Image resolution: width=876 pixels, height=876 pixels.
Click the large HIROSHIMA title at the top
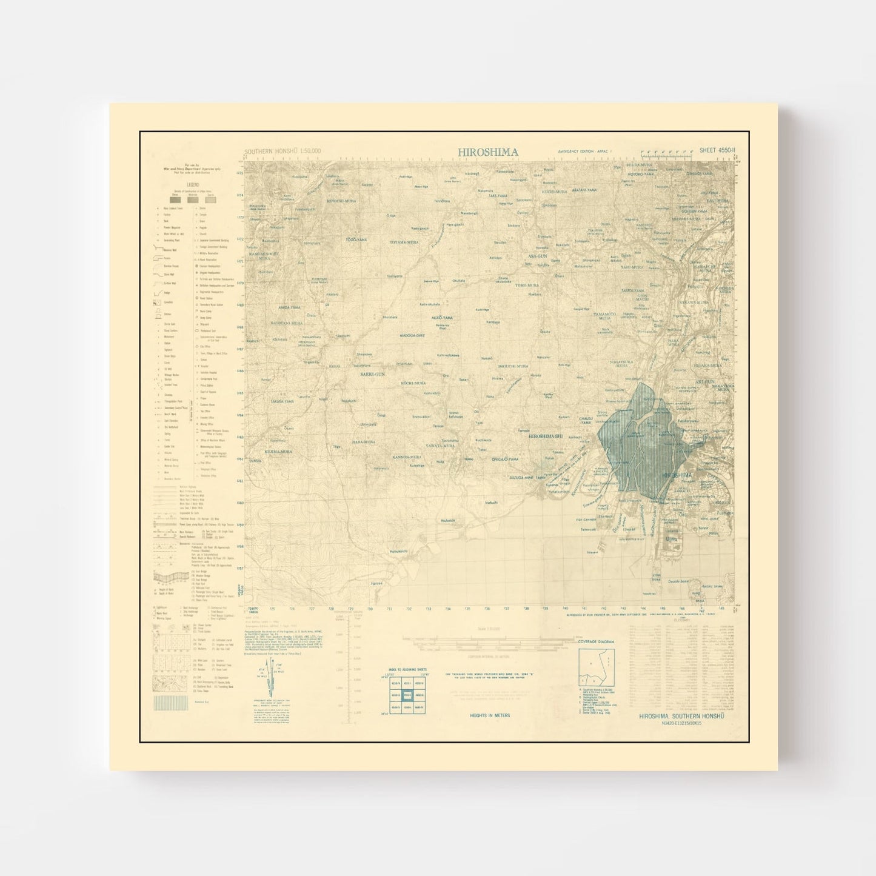pos(487,152)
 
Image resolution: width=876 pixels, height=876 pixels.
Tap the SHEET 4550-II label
pos(717,150)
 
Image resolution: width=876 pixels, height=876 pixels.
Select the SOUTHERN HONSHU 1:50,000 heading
pos(283,151)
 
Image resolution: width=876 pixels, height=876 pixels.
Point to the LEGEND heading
pos(193,184)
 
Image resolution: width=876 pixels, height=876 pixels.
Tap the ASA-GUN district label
pos(538,256)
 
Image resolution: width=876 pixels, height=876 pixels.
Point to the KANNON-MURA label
pos(407,456)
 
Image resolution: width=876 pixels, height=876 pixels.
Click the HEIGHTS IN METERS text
pos(490,715)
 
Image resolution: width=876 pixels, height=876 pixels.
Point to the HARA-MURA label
pos(364,442)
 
